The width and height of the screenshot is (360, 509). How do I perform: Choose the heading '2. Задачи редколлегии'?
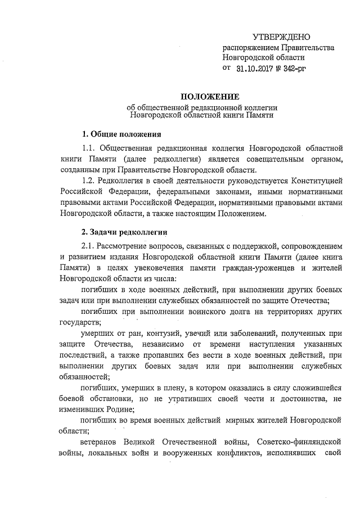pos(124,232)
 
